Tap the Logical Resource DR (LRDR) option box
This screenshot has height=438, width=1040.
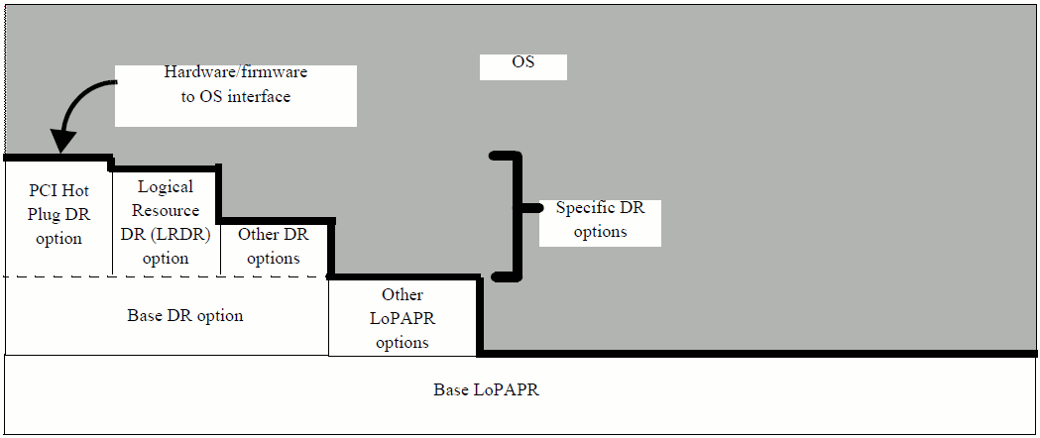[165, 222]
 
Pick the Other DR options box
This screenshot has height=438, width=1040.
[274, 247]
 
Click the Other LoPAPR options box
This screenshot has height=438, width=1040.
[403, 317]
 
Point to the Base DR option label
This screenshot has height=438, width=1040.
[185, 316]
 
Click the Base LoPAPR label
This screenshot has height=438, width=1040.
[486, 389]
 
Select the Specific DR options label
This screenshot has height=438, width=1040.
[600, 220]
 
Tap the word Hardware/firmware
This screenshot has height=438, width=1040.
[235, 72]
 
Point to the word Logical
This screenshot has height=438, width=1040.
[166, 186]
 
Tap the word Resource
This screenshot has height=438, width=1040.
[166, 210]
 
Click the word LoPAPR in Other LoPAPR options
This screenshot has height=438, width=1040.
[403, 318]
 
